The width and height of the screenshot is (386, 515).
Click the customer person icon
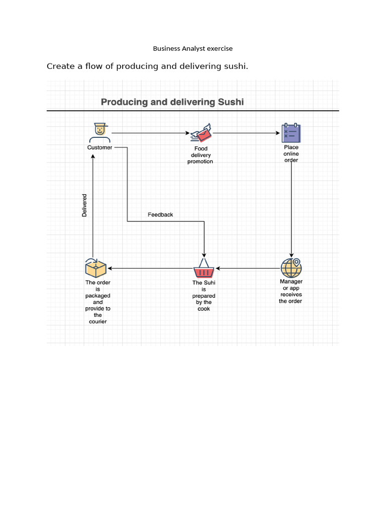pos(100,132)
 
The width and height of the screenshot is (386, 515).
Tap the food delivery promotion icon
pos(201,133)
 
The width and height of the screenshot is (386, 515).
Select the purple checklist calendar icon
pos(291,133)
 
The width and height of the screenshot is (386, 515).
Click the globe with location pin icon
pos(291,268)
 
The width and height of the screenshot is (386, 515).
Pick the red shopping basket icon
pos(204,269)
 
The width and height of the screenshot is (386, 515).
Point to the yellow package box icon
pos(95,268)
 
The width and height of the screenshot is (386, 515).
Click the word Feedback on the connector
pos(160,215)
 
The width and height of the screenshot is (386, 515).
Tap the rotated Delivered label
pos(84,206)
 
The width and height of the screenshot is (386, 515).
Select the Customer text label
pos(100,148)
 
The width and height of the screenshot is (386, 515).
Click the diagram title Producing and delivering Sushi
pos(172,102)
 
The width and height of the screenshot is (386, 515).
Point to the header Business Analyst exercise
pos(193,49)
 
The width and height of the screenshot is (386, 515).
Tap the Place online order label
pos(291,154)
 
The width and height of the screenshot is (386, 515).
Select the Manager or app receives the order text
pos(291,291)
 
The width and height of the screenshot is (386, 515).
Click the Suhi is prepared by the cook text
pos(204,296)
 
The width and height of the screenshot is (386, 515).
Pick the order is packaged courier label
pos(98,302)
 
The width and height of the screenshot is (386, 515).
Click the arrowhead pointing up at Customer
pos(93,156)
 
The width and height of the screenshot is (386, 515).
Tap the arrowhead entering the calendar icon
pos(278,133)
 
